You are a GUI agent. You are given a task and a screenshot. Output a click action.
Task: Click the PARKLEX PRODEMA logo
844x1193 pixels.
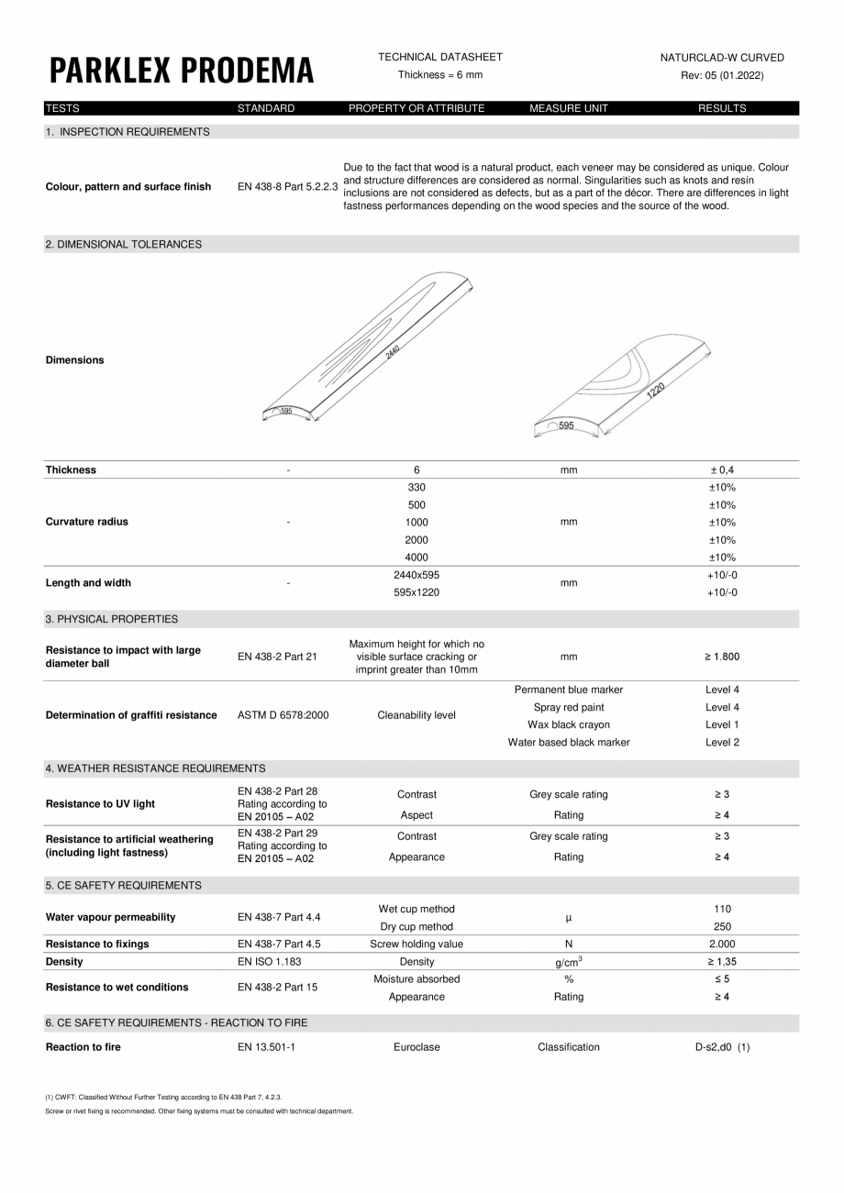[x=181, y=70]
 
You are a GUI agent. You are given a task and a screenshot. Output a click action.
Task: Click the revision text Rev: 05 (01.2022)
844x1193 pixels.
[x=722, y=75]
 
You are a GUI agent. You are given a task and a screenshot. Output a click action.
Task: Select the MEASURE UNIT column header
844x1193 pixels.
[x=568, y=108]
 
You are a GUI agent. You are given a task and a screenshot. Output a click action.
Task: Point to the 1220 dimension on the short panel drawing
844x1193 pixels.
[x=655, y=390]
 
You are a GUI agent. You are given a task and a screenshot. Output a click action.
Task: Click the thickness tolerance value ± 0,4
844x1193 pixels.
[x=722, y=469]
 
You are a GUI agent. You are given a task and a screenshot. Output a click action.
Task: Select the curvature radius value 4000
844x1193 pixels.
[x=416, y=557]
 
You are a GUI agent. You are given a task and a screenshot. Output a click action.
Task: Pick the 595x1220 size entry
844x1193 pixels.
[x=416, y=592]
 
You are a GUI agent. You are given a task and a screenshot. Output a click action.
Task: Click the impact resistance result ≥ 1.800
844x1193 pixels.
[x=722, y=657]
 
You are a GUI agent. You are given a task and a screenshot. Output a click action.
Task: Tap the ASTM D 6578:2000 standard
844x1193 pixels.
[x=283, y=715]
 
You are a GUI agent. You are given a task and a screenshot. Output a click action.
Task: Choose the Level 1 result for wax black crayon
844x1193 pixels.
[x=722, y=724]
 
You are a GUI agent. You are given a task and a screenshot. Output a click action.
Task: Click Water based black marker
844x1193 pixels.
[x=569, y=742]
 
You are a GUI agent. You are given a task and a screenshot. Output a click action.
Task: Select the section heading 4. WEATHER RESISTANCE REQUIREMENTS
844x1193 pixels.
[x=155, y=768]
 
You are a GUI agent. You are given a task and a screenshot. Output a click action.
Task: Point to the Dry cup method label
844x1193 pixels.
[x=416, y=926]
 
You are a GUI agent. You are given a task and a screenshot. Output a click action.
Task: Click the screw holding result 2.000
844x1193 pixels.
[x=722, y=944]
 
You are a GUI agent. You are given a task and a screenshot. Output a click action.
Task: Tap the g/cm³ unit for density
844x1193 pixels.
[x=569, y=962]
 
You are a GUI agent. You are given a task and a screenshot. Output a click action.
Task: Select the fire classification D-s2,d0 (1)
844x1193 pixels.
[x=722, y=1047]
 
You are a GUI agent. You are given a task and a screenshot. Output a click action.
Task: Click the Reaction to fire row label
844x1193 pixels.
[x=83, y=1047]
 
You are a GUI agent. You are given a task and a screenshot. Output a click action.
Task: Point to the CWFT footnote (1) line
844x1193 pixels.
[x=163, y=1097]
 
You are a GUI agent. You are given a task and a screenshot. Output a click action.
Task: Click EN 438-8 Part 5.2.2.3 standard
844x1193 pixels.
[x=287, y=187]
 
